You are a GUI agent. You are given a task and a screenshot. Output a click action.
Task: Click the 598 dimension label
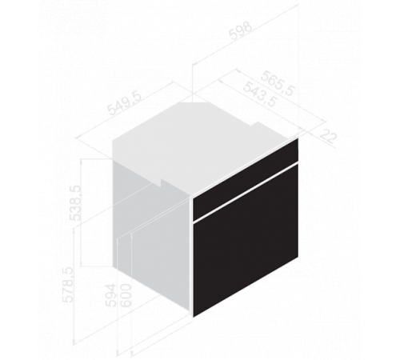(x=241, y=31)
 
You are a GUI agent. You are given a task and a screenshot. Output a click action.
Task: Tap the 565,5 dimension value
(x=278, y=83)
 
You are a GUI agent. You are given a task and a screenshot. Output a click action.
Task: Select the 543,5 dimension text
(x=260, y=94)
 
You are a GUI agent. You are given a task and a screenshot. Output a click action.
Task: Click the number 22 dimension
(x=328, y=136)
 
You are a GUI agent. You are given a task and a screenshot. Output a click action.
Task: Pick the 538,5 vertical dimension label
(x=75, y=203)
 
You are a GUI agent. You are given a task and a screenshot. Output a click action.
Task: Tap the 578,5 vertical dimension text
(x=67, y=285)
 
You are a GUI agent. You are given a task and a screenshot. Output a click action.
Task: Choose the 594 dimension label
(x=111, y=295)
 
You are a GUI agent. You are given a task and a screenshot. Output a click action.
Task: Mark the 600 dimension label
(x=126, y=295)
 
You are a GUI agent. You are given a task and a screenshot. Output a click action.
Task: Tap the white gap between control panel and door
(x=246, y=192)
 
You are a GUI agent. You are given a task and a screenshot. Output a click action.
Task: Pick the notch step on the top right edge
(x=256, y=124)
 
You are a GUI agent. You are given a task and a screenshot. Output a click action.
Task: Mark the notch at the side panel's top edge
(x=161, y=182)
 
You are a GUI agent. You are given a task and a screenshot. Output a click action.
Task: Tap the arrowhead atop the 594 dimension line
(x=117, y=241)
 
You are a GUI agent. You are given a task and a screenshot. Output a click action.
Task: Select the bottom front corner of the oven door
(x=193, y=318)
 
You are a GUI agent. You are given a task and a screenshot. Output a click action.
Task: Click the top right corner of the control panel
(x=298, y=138)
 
